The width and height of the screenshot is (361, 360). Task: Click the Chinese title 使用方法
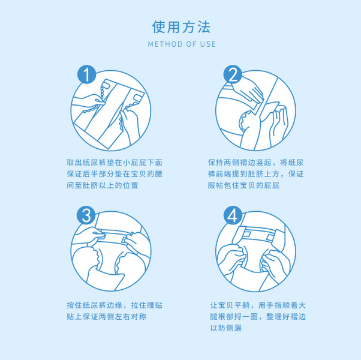point(181,27)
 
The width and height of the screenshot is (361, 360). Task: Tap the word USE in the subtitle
point(207,44)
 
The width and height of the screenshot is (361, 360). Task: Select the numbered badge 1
point(86,74)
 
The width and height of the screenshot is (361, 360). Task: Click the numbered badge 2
point(233,74)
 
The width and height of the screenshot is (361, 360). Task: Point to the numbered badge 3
point(86,215)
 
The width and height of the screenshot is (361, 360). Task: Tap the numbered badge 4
point(233,215)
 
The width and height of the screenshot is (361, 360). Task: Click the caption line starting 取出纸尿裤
point(115,163)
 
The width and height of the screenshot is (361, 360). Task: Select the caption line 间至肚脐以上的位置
point(103,185)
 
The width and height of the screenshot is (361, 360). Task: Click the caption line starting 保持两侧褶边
point(255,163)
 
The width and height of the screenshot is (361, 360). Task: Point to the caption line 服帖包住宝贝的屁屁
point(243,185)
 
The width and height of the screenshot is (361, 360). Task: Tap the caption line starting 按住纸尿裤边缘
point(115,305)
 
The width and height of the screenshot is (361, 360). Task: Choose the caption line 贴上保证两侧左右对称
point(106,317)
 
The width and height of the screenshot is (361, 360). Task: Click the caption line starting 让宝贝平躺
point(258,305)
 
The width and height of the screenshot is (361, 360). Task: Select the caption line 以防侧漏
point(226,328)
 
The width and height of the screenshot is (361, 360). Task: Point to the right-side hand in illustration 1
point(129,124)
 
